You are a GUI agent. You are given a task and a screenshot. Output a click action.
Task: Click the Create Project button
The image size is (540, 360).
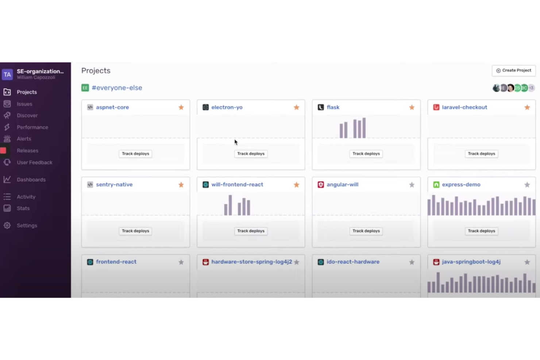coord(513,70)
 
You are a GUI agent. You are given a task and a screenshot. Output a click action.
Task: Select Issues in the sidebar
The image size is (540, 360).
coord(24,104)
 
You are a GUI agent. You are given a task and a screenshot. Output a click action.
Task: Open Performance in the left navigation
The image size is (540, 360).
coord(32,127)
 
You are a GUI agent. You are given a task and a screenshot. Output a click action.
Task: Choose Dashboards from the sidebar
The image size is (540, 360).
coord(31,179)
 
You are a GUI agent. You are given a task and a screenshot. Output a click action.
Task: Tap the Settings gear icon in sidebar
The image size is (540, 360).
coord(7,225)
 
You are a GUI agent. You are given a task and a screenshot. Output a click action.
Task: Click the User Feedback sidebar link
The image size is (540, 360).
coord(34,162)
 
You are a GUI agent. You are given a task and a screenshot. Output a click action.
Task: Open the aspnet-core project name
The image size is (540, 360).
coord(112,107)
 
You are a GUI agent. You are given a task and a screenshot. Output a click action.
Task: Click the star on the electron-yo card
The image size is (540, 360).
coord(296,107)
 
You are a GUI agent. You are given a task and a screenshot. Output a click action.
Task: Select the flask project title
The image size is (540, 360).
coord(333,107)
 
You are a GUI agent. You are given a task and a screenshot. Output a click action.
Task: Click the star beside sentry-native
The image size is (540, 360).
coord(181,185)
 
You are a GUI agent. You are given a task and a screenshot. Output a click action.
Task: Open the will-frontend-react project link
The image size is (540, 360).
coord(237,185)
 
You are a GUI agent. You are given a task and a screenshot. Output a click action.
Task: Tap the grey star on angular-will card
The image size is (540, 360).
coord(412,185)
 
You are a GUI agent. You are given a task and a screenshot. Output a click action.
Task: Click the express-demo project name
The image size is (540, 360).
coord(461,185)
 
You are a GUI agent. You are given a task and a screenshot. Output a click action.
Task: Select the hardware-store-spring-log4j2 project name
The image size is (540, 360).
coord(251,262)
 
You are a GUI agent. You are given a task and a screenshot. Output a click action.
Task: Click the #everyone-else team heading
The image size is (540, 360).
coord(117,88)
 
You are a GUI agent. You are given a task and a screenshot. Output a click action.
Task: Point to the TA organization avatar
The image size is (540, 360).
coord(7,74)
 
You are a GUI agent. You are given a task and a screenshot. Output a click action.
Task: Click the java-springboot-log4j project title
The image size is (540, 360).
coord(471,262)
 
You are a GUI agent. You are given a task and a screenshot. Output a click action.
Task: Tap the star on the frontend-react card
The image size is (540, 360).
coord(181,262)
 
